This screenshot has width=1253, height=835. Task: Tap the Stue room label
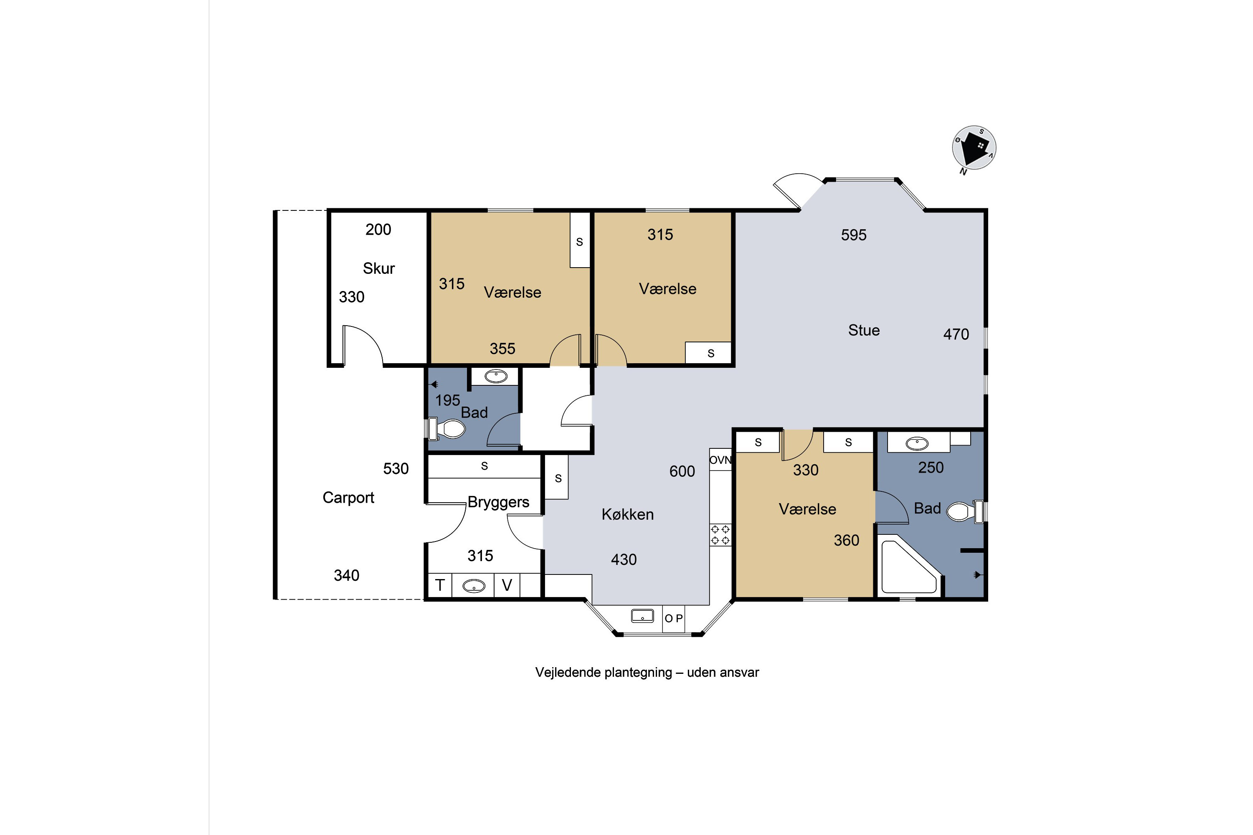(864, 330)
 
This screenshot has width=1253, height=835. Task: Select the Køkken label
(628, 514)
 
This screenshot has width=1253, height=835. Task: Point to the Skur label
(379, 268)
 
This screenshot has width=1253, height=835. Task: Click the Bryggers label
(498, 503)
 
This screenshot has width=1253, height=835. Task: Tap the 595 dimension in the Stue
(853, 235)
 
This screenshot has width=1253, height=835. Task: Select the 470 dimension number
(956, 334)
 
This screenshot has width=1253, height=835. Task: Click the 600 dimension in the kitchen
(682, 471)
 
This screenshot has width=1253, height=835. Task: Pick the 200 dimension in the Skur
(378, 230)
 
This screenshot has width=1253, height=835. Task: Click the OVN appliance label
(720, 460)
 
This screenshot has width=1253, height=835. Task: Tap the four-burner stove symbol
(720, 535)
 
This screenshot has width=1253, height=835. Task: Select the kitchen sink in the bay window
(642, 616)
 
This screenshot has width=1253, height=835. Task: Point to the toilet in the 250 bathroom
(965, 511)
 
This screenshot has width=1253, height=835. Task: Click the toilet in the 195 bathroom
(446, 429)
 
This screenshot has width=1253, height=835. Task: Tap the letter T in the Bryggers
(440, 585)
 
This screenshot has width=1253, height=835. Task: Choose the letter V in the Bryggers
(507, 585)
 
